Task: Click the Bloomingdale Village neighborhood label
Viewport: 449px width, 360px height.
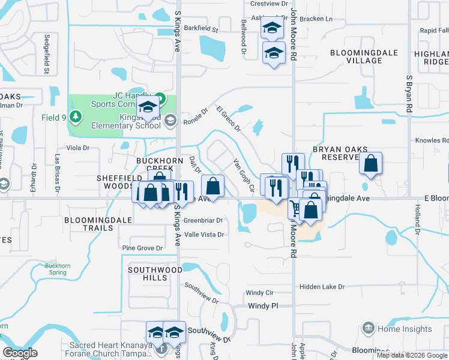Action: coord(356,56)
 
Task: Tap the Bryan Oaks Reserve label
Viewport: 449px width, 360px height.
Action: coord(335,153)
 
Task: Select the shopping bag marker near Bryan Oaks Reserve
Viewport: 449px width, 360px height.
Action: coord(370,163)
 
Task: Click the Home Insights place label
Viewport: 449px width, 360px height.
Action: coord(404,329)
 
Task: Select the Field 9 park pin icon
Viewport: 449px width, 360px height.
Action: coord(75,115)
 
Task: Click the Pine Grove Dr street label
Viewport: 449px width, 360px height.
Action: coord(142,247)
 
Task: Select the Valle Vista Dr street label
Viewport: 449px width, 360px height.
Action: coord(204,235)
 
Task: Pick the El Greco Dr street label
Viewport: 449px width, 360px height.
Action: coord(228,119)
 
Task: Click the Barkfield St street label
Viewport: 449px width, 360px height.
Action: coord(201,28)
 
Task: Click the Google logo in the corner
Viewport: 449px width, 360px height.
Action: coord(19,353)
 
